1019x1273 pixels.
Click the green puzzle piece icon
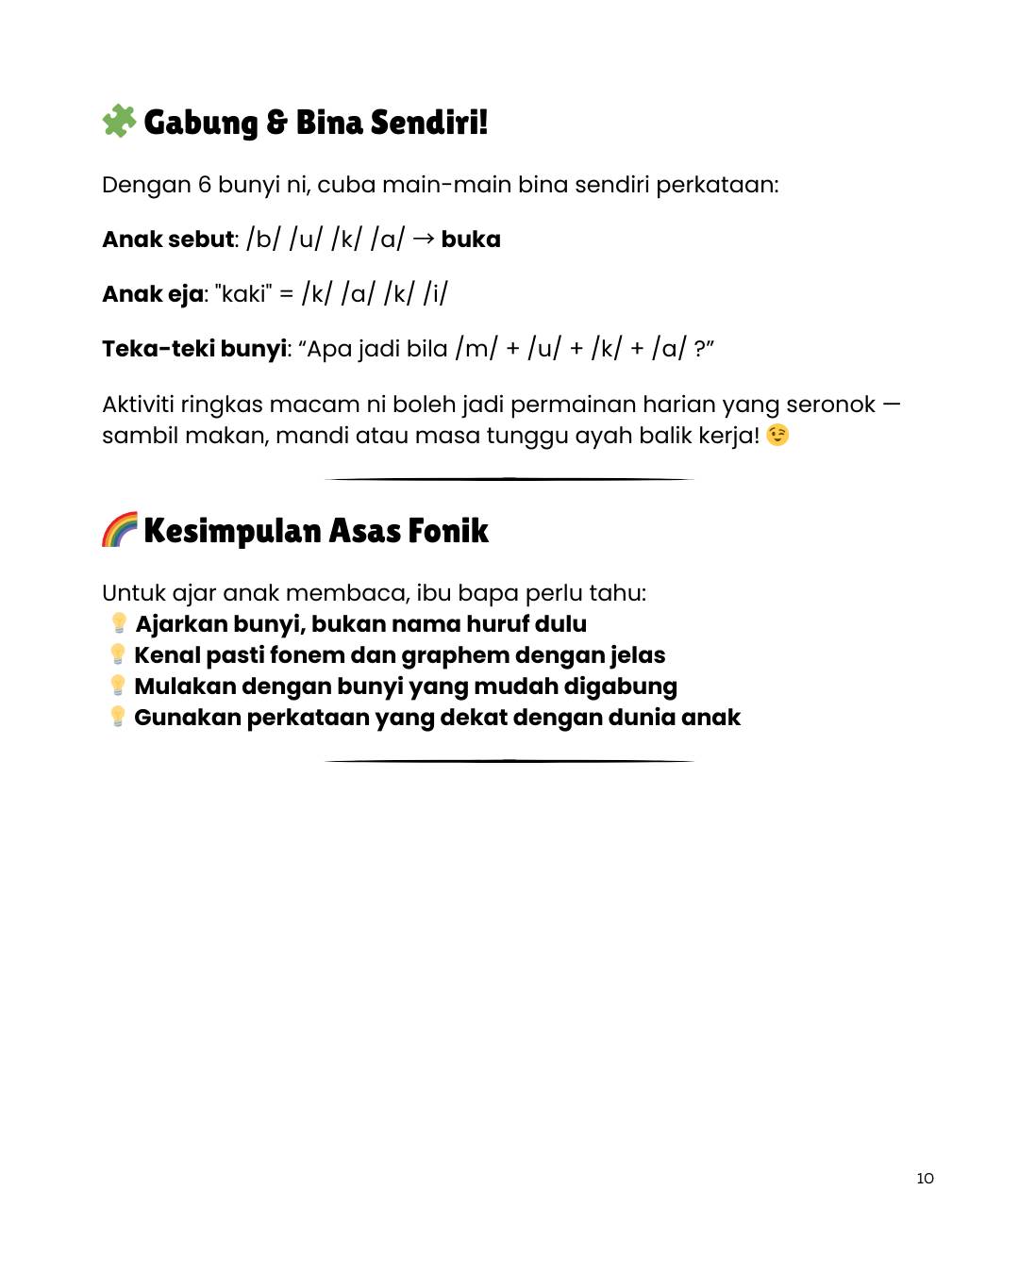(x=119, y=121)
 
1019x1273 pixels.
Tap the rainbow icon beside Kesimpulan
(x=120, y=530)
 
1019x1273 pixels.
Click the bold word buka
(x=471, y=240)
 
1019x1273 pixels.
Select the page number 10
(x=925, y=1179)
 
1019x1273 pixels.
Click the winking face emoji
(x=777, y=435)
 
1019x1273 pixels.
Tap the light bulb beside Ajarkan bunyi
(x=119, y=623)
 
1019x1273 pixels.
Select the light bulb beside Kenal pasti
(x=118, y=654)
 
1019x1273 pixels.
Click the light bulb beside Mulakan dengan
(x=118, y=686)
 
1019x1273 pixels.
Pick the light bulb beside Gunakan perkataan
(x=118, y=717)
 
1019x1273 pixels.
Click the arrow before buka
(x=424, y=240)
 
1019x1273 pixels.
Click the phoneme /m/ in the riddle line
(x=476, y=349)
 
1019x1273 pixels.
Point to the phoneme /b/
(x=263, y=240)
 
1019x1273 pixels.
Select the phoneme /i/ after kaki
(x=435, y=294)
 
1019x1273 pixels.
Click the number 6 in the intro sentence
(x=205, y=185)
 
